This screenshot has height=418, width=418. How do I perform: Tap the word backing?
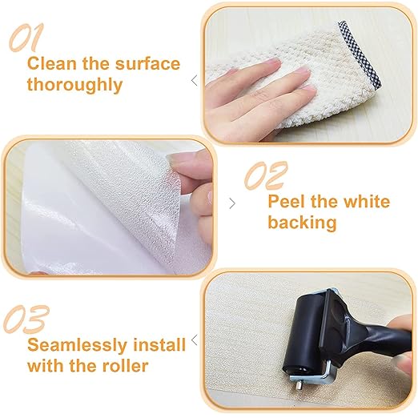[302, 222]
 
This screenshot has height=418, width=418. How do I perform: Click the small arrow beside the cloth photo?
[194, 79]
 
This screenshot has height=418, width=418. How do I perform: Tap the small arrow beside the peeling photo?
[233, 203]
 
